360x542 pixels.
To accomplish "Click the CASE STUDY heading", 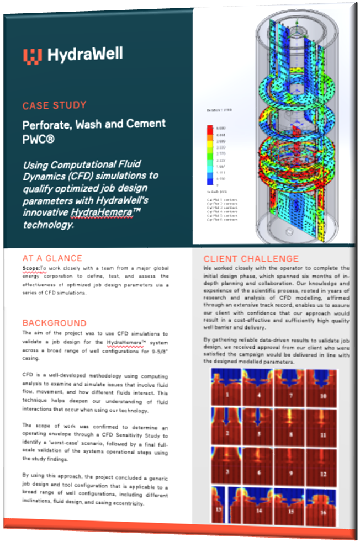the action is pyautogui.click(x=54, y=105).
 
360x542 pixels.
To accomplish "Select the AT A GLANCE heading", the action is pyautogui.click(x=52, y=258).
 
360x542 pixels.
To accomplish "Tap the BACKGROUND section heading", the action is pyautogui.click(x=55, y=323).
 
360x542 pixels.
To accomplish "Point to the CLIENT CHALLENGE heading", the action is pyautogui.click(x=251, y=259).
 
